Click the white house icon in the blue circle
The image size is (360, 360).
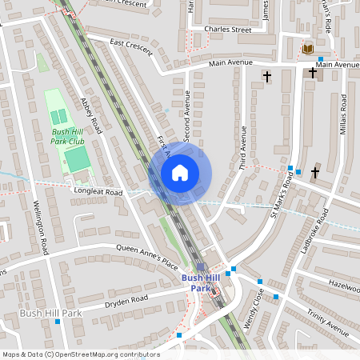pos(180,172)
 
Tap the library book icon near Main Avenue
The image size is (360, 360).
pos(308,49)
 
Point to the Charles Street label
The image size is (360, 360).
pos(227,30)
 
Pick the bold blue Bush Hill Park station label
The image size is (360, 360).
pos(201,282)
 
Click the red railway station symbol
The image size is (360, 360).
pos(214,292)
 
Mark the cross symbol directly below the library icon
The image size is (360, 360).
pos(313,74)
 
